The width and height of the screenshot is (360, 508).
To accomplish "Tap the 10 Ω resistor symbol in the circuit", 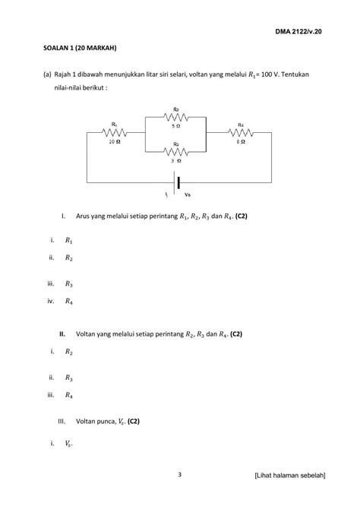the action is pos(114,131).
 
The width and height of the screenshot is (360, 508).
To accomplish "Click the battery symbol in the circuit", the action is pos(177,182).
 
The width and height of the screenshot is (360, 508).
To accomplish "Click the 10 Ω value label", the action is pos(113,141).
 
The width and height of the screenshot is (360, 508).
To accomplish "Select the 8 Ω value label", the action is pos(240,141).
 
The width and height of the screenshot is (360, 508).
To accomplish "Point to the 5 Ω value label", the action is pos(176,126).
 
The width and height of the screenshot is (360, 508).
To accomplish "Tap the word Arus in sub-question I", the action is pos(85,216).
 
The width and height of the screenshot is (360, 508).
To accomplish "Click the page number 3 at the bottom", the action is pos(179,475).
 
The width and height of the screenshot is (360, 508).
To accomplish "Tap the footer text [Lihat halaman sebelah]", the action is pos(290,476).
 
